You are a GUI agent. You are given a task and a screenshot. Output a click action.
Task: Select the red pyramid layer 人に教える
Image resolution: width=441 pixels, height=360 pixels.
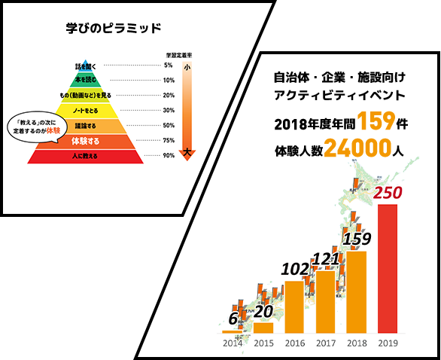click(85, 156)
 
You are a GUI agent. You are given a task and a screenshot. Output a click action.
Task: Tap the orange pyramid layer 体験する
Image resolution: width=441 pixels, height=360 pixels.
click(85, 141)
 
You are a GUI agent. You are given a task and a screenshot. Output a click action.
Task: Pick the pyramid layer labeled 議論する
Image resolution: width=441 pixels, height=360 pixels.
click(85, 126)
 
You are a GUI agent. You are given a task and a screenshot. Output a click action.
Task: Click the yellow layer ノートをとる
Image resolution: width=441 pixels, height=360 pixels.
click(85, 111)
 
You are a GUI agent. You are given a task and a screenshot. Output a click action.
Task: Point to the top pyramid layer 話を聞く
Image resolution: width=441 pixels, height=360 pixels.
click(86, 67)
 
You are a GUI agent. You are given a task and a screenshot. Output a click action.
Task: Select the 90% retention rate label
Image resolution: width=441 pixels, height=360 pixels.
click(169, 156)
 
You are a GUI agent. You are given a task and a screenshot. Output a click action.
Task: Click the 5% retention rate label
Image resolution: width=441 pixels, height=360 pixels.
click(169, 66)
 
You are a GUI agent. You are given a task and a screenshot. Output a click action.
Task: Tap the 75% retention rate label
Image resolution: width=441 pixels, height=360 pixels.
click(169, 141)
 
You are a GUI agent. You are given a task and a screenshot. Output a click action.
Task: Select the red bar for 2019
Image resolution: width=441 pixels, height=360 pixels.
click(388, 267)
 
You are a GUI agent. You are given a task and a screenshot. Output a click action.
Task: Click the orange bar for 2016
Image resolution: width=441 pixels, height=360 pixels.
click(294, 306)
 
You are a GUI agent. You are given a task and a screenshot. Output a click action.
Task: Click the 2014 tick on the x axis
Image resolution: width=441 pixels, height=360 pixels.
click(232, 343)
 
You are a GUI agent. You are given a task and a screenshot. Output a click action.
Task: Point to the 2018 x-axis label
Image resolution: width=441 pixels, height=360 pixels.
click(356, 343)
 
